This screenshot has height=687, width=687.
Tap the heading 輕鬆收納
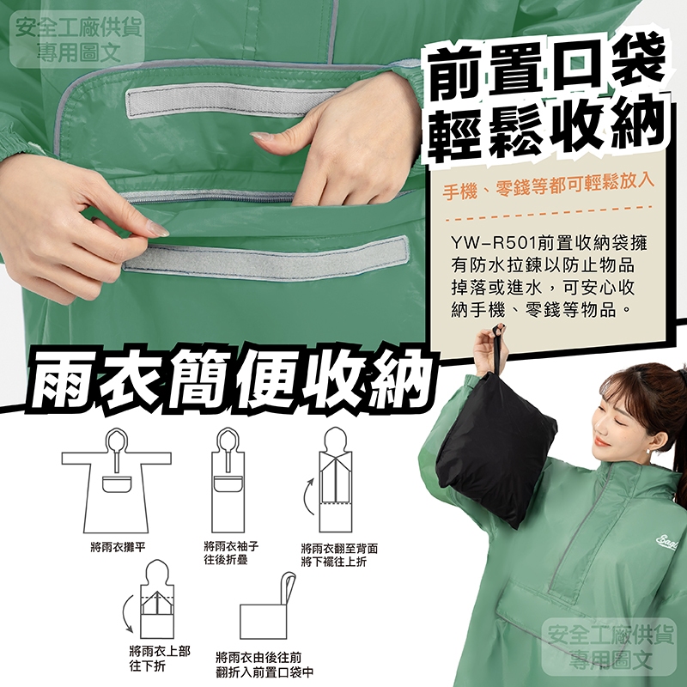(x=548, y=127)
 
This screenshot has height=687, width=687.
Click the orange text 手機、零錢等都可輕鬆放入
(x=548, y=187)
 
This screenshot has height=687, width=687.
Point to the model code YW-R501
(x=495, y=243)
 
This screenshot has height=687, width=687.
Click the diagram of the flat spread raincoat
(x=116, y=481)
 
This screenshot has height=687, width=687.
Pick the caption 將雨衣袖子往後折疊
(x=231, y=553)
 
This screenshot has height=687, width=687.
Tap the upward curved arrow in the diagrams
(x=308, y=496)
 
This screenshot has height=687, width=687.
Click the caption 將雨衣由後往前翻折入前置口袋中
(x=264, y=665)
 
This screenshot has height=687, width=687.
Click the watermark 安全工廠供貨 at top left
(x=79, y=28)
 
